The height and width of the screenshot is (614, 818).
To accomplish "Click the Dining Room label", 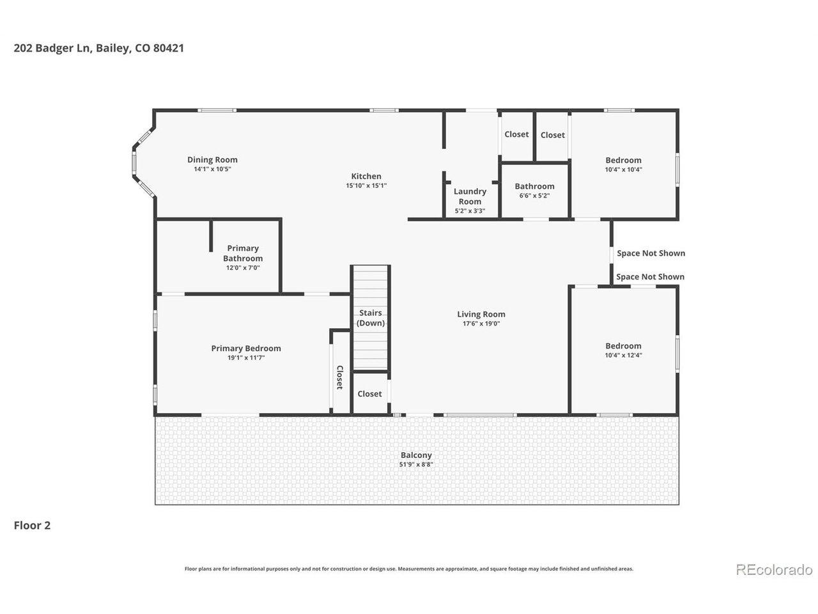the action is tap(212, 159).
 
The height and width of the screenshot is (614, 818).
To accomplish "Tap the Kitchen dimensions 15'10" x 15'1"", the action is tap(366, 185).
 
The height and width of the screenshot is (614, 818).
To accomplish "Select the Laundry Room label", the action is tap(470, 196).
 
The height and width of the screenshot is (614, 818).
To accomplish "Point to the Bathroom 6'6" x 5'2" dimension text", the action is tap(534, 195).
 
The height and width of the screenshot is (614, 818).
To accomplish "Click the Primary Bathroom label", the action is tap(243, 253).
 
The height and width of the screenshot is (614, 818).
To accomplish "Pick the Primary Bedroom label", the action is tap(246, 348).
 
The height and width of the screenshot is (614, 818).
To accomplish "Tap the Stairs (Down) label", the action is tap(371, 318).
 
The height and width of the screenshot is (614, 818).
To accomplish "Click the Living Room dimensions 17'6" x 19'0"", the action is tap(481, 323).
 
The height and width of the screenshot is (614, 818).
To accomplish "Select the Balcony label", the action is tap(416, 455).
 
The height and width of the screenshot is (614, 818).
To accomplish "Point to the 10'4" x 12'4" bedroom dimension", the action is tap(623, 355).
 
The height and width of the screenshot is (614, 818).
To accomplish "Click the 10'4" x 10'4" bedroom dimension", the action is tap(623, 169).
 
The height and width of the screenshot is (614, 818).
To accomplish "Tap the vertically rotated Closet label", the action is tap(339, 377).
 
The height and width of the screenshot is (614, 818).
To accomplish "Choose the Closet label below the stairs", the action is tap(369, 394).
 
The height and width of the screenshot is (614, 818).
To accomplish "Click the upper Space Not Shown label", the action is tap(651, 253).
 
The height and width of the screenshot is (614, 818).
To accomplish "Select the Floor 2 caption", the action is tap(32, 525).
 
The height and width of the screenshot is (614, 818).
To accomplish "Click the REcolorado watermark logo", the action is tap(774, 570).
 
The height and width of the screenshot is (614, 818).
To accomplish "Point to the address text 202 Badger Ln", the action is tap(53, 48).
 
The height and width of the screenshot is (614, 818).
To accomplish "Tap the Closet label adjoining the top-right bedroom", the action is tap(552, 135).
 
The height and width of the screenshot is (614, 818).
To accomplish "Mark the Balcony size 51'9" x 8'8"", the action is tap(416, 464).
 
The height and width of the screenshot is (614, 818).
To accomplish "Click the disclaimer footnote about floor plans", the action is tap(409, 569).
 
